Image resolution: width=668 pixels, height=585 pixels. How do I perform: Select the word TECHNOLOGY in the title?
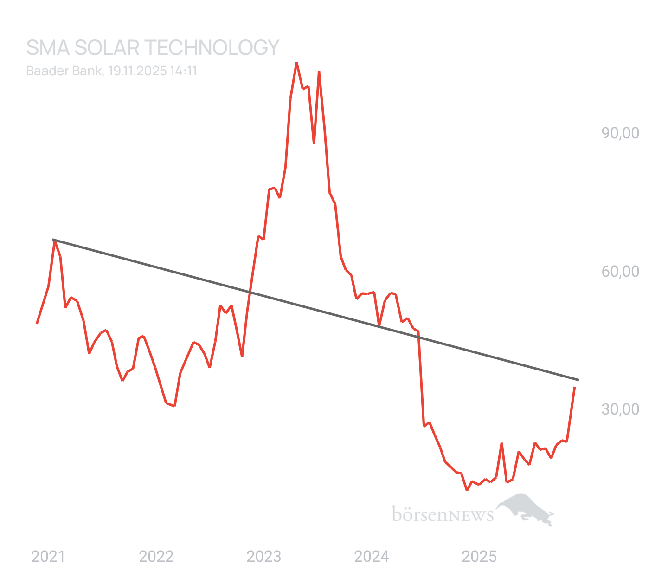pos(212,48)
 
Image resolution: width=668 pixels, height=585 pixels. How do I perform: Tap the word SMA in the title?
pos(47,48)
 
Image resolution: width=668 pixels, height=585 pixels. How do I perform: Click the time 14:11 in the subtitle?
pos(184,71)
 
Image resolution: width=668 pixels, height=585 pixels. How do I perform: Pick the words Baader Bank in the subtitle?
pos(64,71)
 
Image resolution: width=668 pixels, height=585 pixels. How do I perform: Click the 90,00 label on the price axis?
pos(620,133)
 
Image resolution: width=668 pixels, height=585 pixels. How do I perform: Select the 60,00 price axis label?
pos(620,271)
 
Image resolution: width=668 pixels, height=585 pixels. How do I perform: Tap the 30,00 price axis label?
pos(620,409)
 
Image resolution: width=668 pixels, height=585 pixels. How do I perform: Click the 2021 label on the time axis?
pos(48,556)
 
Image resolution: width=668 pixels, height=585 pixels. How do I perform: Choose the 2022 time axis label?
pos(156,556)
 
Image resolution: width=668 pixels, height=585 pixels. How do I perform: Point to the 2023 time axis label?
pos(264,556)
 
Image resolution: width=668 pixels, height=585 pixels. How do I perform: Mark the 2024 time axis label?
pos(372,556)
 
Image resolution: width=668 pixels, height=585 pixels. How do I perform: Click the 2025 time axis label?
pos(480,556)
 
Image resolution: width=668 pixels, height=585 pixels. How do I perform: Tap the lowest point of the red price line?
pos(467,489)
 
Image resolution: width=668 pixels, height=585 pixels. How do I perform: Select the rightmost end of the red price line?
pos(575,387)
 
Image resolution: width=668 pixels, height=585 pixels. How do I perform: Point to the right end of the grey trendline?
pos(578,380)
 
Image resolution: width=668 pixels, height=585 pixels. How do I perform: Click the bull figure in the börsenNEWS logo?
pos(527,508)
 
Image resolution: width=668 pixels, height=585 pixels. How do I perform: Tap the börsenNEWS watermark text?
pos(443,514)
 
